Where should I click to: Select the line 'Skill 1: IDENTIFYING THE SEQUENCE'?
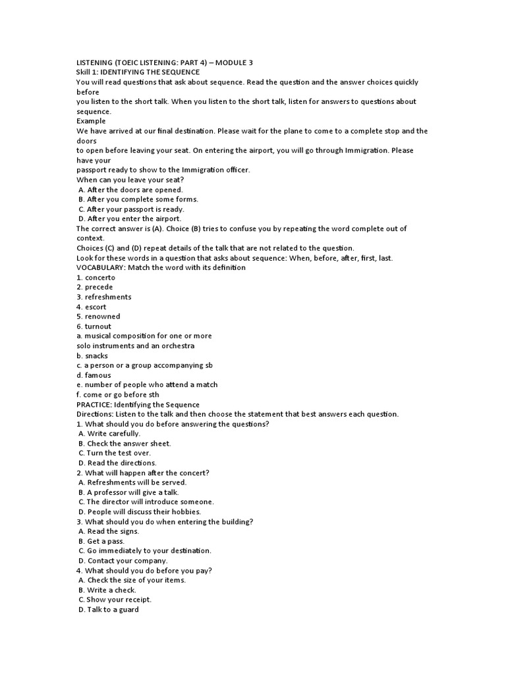138,72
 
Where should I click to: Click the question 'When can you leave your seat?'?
130,180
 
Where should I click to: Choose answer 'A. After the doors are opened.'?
130,190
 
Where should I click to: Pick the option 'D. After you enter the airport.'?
130,219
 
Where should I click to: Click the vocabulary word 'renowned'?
103,316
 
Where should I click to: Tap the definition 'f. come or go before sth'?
118,394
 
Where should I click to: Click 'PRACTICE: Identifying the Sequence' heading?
138,404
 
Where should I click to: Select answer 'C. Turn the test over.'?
115,453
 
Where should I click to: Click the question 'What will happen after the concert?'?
142,473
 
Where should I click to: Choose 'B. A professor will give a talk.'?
128,492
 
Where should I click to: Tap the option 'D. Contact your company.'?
123,560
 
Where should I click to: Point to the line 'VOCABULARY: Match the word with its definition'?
161,267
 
